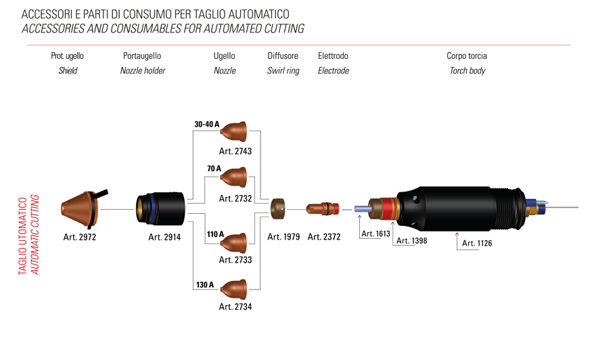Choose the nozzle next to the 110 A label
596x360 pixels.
[x=234, y=243]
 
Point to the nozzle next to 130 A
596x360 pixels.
[x=234, y=289]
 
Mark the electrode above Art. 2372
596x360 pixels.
[x=322, y=208]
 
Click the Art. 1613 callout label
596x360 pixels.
[x=376, y=233]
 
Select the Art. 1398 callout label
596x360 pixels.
[x=411, y=240]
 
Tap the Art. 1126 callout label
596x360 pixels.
[x=477, y=243]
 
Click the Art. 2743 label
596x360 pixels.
[x=235, y=152]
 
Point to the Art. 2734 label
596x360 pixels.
[x=235, y=307]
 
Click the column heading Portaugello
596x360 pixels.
[x=142, y=56]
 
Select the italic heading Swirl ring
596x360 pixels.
[x=283, y=70]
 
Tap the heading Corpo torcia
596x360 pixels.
[x=467, y=56]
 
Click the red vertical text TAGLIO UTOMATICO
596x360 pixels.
[x=23, y=236]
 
